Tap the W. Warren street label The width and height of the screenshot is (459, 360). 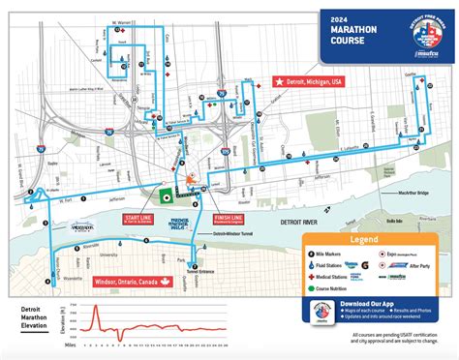122,17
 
